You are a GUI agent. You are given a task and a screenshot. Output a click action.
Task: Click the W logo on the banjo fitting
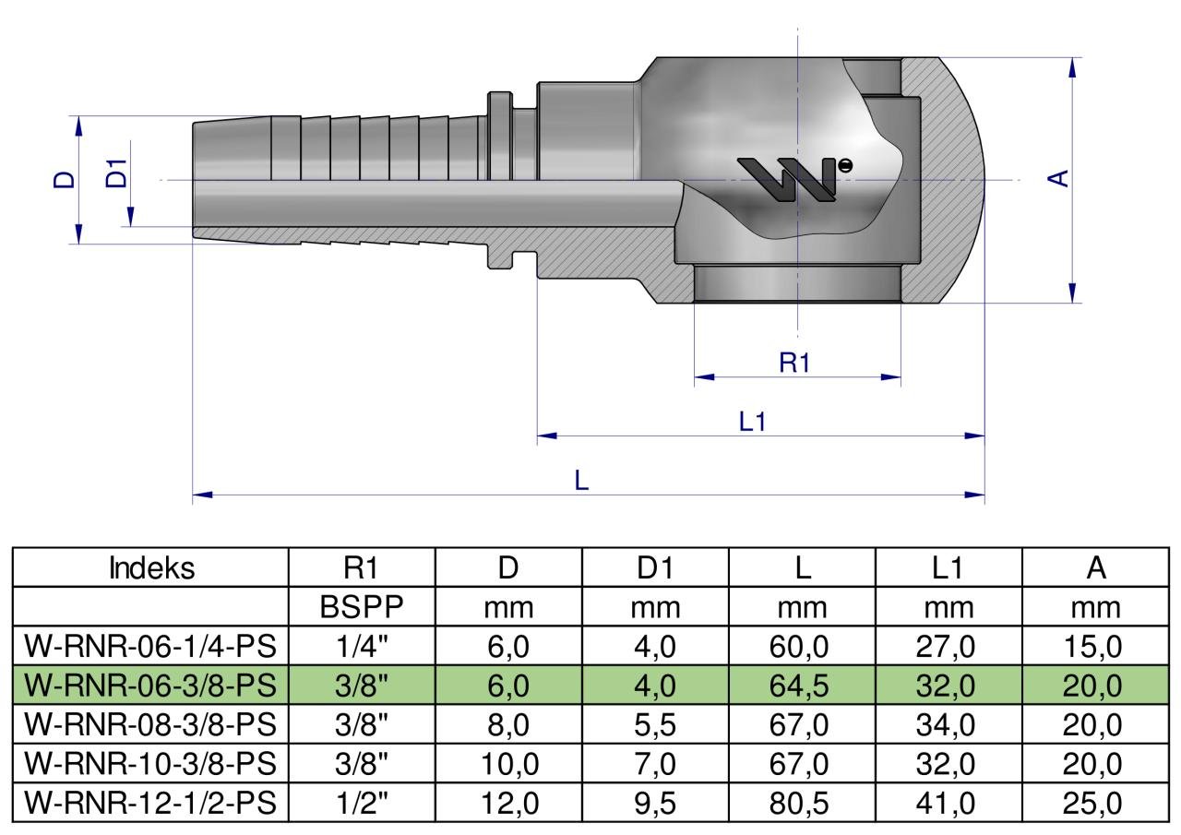793,179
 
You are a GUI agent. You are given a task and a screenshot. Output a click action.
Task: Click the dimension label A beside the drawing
1057,179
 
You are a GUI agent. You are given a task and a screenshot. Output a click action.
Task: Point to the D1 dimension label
116,173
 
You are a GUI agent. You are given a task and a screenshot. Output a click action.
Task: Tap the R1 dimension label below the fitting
793,363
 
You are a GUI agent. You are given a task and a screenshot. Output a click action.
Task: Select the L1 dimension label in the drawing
752,422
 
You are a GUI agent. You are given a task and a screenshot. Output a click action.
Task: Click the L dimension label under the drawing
581,480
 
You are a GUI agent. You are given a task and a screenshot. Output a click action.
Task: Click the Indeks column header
152,568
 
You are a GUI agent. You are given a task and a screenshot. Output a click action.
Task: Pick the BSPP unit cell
361,607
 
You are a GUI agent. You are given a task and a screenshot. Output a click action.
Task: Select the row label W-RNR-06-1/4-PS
150,646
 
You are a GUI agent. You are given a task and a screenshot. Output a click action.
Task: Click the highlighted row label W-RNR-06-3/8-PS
150,686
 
